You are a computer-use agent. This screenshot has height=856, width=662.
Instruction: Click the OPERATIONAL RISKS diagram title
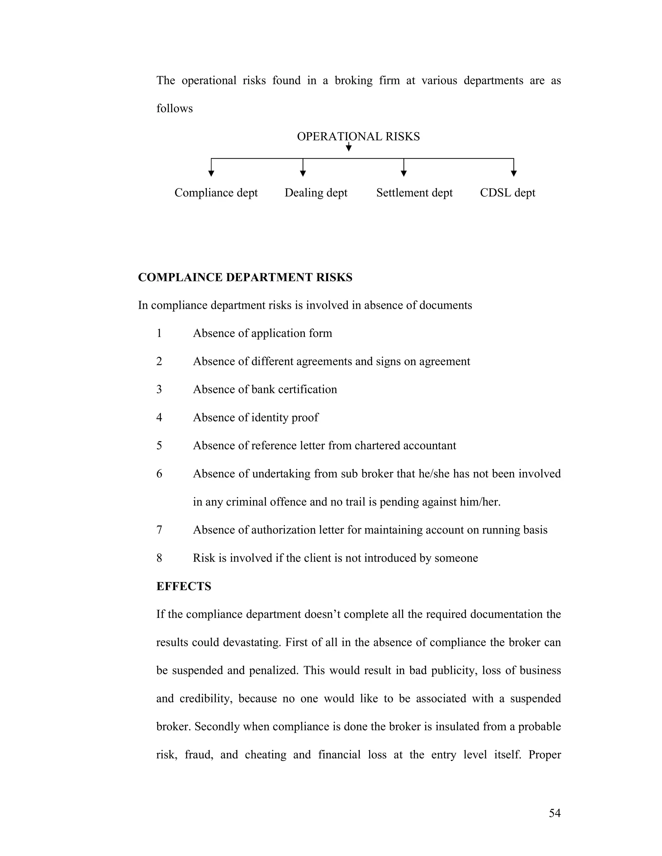tap(358, 136)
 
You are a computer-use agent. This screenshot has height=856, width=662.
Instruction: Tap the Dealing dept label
tap(316, 193)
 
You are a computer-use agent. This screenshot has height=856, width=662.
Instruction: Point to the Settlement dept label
tap(414, 193)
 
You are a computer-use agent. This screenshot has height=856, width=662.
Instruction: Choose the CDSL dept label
tap(507, 193)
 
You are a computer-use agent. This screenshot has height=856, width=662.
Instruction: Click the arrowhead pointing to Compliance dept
tap(211, 173)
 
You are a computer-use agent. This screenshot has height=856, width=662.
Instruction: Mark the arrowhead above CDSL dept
tap(514, 173)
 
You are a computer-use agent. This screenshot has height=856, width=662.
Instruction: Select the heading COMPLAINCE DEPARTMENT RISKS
tap(245, 277)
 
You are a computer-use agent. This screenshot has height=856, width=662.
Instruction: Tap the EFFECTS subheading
tap(184, 586)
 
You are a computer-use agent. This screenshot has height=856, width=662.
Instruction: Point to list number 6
tap(159, 474)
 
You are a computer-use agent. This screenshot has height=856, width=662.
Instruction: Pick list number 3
tap(159, 390)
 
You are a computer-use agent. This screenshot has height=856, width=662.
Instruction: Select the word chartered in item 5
tap(378, 446)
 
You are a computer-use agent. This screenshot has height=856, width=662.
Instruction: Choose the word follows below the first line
tap(175, 109)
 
